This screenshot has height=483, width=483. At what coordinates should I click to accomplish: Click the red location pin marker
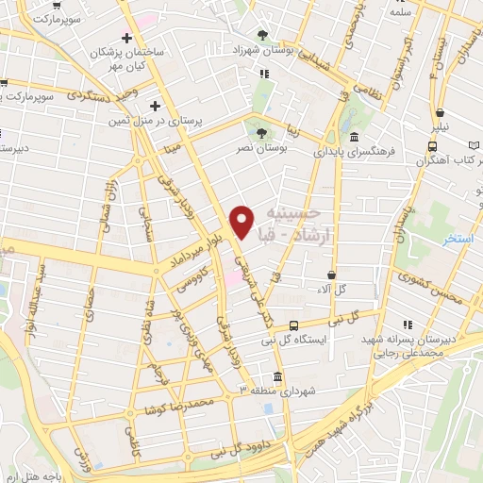point(241,221)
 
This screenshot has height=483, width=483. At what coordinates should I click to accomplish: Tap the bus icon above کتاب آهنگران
point(432,147)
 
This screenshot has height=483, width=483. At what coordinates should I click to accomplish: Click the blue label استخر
point(459,239)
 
